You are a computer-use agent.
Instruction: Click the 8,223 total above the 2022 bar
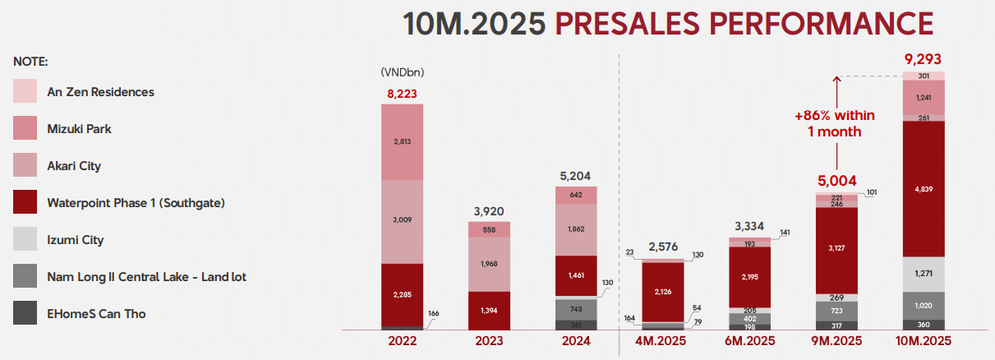pos(403,93)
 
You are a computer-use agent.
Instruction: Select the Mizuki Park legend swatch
pos(25,128)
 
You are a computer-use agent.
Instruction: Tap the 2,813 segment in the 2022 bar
pos(403,141)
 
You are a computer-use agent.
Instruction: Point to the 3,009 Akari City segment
pos(403,221)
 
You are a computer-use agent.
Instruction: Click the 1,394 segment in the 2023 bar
pos(489,310)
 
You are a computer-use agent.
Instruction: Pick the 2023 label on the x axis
pos(489,341)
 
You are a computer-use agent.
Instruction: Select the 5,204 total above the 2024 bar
pos(575,176)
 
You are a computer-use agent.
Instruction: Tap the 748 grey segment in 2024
pos(575,309)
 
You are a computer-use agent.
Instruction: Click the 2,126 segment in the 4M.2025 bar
pos(662,291)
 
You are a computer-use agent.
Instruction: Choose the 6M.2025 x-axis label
pos(749,341)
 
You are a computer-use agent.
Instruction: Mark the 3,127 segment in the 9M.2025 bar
pos(836,250)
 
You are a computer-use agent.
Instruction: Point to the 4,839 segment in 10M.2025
pos(923,189)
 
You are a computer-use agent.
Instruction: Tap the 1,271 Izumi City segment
pos(923,275)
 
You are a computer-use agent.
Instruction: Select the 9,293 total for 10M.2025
pos(923,59)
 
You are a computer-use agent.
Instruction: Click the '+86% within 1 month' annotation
pos(836,123)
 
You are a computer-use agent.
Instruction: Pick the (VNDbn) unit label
pos(402,72)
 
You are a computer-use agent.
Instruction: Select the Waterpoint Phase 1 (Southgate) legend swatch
pos(25,202)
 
